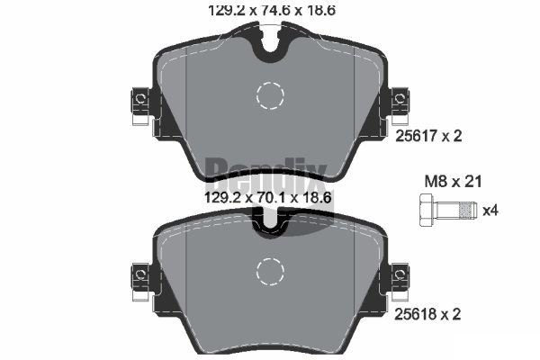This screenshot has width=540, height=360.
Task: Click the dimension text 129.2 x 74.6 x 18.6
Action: pyautogui.click(x=270, y=11)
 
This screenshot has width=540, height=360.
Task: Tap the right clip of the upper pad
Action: pyautogui.click(x=398, y=105)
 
